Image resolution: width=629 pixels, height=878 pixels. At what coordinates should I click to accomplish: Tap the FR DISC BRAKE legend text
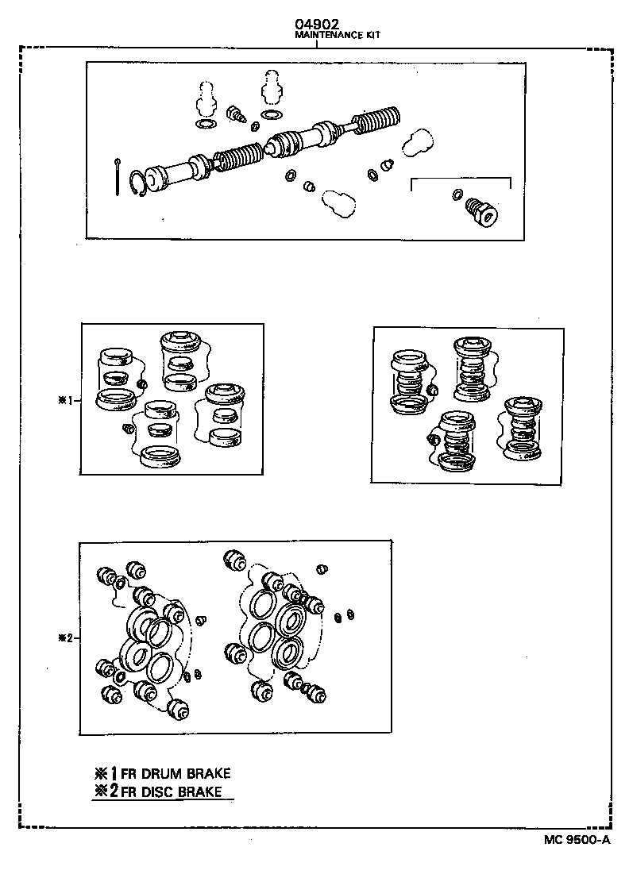click(172, 791)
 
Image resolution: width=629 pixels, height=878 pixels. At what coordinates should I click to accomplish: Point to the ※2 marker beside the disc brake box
click(65, 637)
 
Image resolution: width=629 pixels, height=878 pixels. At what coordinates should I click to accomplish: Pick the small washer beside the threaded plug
click(457, 194)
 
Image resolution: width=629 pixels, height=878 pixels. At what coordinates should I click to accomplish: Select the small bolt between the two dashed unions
click(235, 114)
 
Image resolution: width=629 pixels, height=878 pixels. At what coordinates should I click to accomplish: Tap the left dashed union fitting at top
click(205, 98)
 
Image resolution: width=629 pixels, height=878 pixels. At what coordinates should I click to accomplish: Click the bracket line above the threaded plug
click(460, 179)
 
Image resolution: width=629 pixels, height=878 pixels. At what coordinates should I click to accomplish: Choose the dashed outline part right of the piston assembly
click(415, 144)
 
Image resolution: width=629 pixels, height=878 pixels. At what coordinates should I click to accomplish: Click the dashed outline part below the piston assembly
click(337, 202)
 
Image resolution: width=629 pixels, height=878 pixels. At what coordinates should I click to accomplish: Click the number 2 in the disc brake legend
click(114, 791)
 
